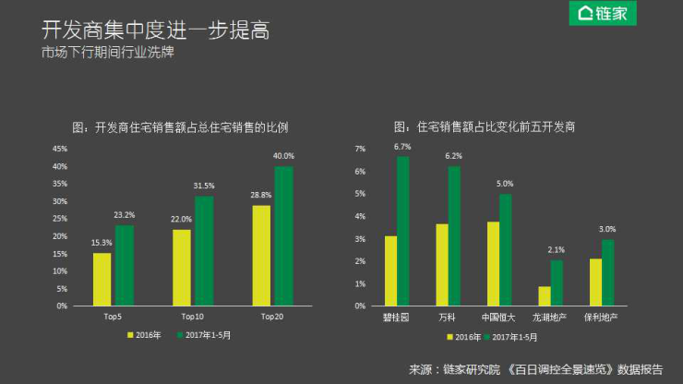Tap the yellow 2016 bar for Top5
tap(102, 279)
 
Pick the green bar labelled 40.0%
tap(283, 235)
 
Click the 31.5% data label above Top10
tap(203, 185)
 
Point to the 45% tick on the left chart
tap(60, 149)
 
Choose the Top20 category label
tap(273, 317)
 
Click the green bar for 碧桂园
tap(402, 231)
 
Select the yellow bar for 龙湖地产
tap(545, 295)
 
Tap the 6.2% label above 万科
tap(453, 156)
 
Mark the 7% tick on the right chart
tap(361, 149)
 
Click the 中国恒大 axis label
tap(498, 317)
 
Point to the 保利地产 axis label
tap(600, 317)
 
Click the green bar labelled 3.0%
tap(607, 272)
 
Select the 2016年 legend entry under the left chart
tap(145, 336)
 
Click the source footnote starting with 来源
tap(534, 368)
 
